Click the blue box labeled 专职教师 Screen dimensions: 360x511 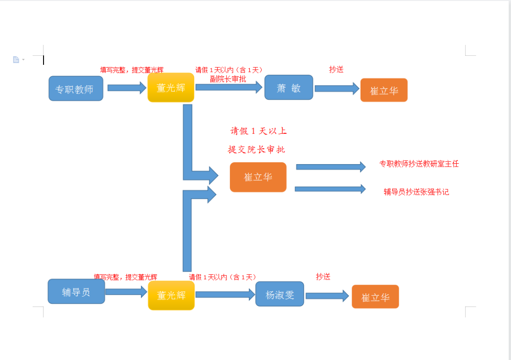pos(76,88)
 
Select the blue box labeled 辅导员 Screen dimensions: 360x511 pos(76,291)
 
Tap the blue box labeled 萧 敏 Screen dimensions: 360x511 pos(289,88)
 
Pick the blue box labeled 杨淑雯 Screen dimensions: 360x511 pos(280,294)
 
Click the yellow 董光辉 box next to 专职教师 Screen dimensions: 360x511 pos(171,88)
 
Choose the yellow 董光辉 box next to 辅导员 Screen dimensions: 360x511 pos(171,295)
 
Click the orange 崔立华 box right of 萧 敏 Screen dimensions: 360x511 pos(384,90)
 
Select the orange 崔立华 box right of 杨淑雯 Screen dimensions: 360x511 pos(375,297)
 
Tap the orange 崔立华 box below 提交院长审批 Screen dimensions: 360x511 pos(258,177)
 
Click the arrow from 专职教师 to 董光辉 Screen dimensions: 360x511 pos(127,88)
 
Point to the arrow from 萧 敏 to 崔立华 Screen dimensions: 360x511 pos(337,88)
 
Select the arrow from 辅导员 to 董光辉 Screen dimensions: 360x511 pos(126,291)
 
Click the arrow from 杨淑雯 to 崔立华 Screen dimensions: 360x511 pos(327,296)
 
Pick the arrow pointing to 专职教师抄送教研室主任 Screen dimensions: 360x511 pos(331,167)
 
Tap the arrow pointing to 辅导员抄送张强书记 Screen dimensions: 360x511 pos(330,189)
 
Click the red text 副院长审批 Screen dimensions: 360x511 pos(228,79)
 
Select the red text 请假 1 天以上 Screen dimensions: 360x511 pos(258,131)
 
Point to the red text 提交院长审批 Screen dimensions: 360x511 pos(256,149)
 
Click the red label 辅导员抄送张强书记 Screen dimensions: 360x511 pos(416,192)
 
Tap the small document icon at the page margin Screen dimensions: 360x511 pos(16,60)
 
